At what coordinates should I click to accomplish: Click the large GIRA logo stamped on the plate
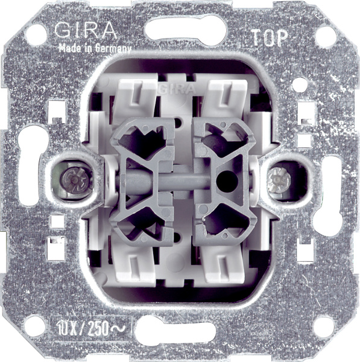[x=86, y=31]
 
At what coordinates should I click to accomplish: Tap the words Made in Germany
[x=95, y=49]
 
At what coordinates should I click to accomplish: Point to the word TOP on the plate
[x=270, y=37]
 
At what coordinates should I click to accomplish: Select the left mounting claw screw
[x=74, y=180]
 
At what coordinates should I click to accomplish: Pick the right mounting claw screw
[x=277, y=180]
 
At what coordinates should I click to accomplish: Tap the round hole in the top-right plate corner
[x=326, y=37]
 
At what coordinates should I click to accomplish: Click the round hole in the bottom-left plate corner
[x=36, y=326]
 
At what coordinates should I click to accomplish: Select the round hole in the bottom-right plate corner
[x=324, y=327]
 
